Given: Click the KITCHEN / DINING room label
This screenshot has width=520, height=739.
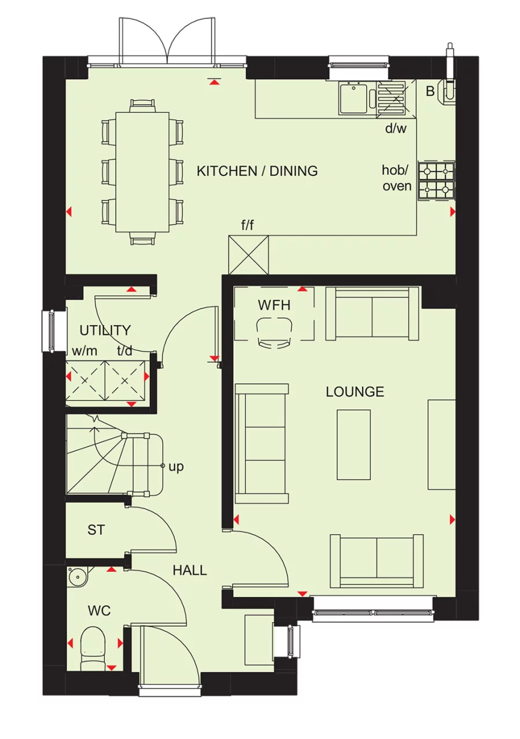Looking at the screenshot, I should pyautogui.click(x=257, y=171).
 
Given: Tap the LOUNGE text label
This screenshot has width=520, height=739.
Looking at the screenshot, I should pyautogui.click(x=355, y=392).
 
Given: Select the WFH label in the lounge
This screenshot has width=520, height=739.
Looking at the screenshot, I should pyautogui.click(x=274, y=306).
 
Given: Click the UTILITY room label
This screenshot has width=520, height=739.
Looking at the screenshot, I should pyautogui.click(x=105, y=330).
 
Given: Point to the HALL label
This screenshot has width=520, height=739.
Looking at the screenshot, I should pyautogui.click(x=190, y=571).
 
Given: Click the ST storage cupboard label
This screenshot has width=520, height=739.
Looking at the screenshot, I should pyautogui.click(x=96, y=530).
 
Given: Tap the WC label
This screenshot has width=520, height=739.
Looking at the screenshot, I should pyautogui.click(x=99, y=611).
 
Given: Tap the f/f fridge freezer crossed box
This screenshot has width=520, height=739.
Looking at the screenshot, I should pyautogui.click(x=249, y=255).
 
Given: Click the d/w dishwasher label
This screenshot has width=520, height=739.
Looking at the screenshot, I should pyautogui.click(x=396, y=128).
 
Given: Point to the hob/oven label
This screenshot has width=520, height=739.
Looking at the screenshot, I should pyautogui.click(x=397, y=178).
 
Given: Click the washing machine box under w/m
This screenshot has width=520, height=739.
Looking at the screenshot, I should pyautogui.click(x=86, y=380).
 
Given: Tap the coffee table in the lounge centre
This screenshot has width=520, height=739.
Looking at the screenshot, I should pyautogui.click(x=353, y=444).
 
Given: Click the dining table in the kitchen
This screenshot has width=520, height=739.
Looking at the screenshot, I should pyautogui.click(x=142, y=172).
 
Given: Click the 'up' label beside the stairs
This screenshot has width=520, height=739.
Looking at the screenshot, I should pyautogui.click(x=176, y=466).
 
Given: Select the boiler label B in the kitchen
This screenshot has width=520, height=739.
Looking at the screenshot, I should pyautogui.click(x=430, y=91).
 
